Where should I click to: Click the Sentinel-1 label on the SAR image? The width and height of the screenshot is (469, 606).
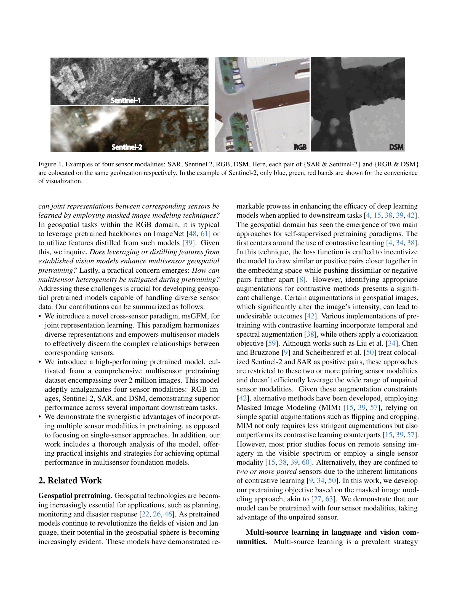[126, 101]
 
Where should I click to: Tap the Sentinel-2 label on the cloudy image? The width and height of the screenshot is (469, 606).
[127, 147]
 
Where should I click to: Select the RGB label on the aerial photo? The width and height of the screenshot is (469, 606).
[300, 147]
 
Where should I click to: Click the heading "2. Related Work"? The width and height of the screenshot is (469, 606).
[70, 480]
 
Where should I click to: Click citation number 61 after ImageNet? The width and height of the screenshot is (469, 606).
[204, 234]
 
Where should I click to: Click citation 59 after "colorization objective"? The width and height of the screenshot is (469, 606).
[271, 343]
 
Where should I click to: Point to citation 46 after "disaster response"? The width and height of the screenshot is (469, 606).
[168, 514]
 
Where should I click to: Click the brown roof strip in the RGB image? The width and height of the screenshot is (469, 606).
[281, 101]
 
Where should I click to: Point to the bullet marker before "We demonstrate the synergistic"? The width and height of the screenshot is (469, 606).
[41, 417]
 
